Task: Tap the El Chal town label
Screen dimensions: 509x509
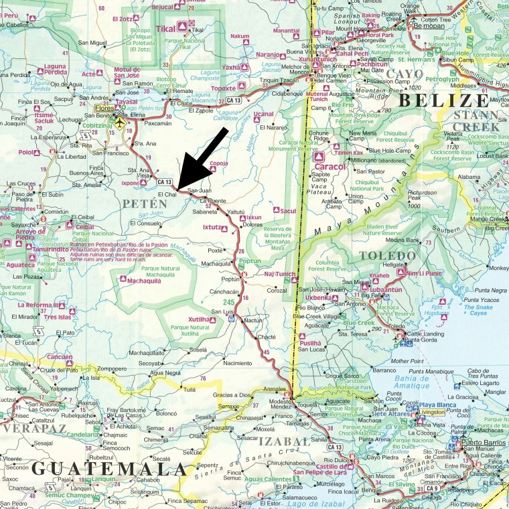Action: tap(167, 195)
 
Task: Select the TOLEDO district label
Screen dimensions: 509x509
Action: tap(383, 256)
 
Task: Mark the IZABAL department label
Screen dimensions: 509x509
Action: tap(284, 441)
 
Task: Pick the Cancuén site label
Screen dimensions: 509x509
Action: tap(60, 356)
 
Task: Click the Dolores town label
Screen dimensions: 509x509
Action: tap(252, 225)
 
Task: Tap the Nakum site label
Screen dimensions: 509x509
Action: tap(240, 35)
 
